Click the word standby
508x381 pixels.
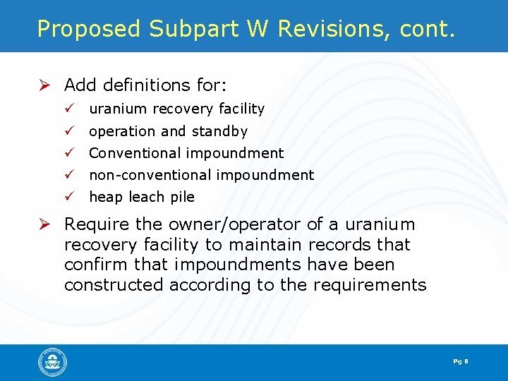click(219, 131)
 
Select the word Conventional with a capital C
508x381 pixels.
click(135, 153)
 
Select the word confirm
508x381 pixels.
click(90, 265)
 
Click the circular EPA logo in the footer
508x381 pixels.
click(53, 363)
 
